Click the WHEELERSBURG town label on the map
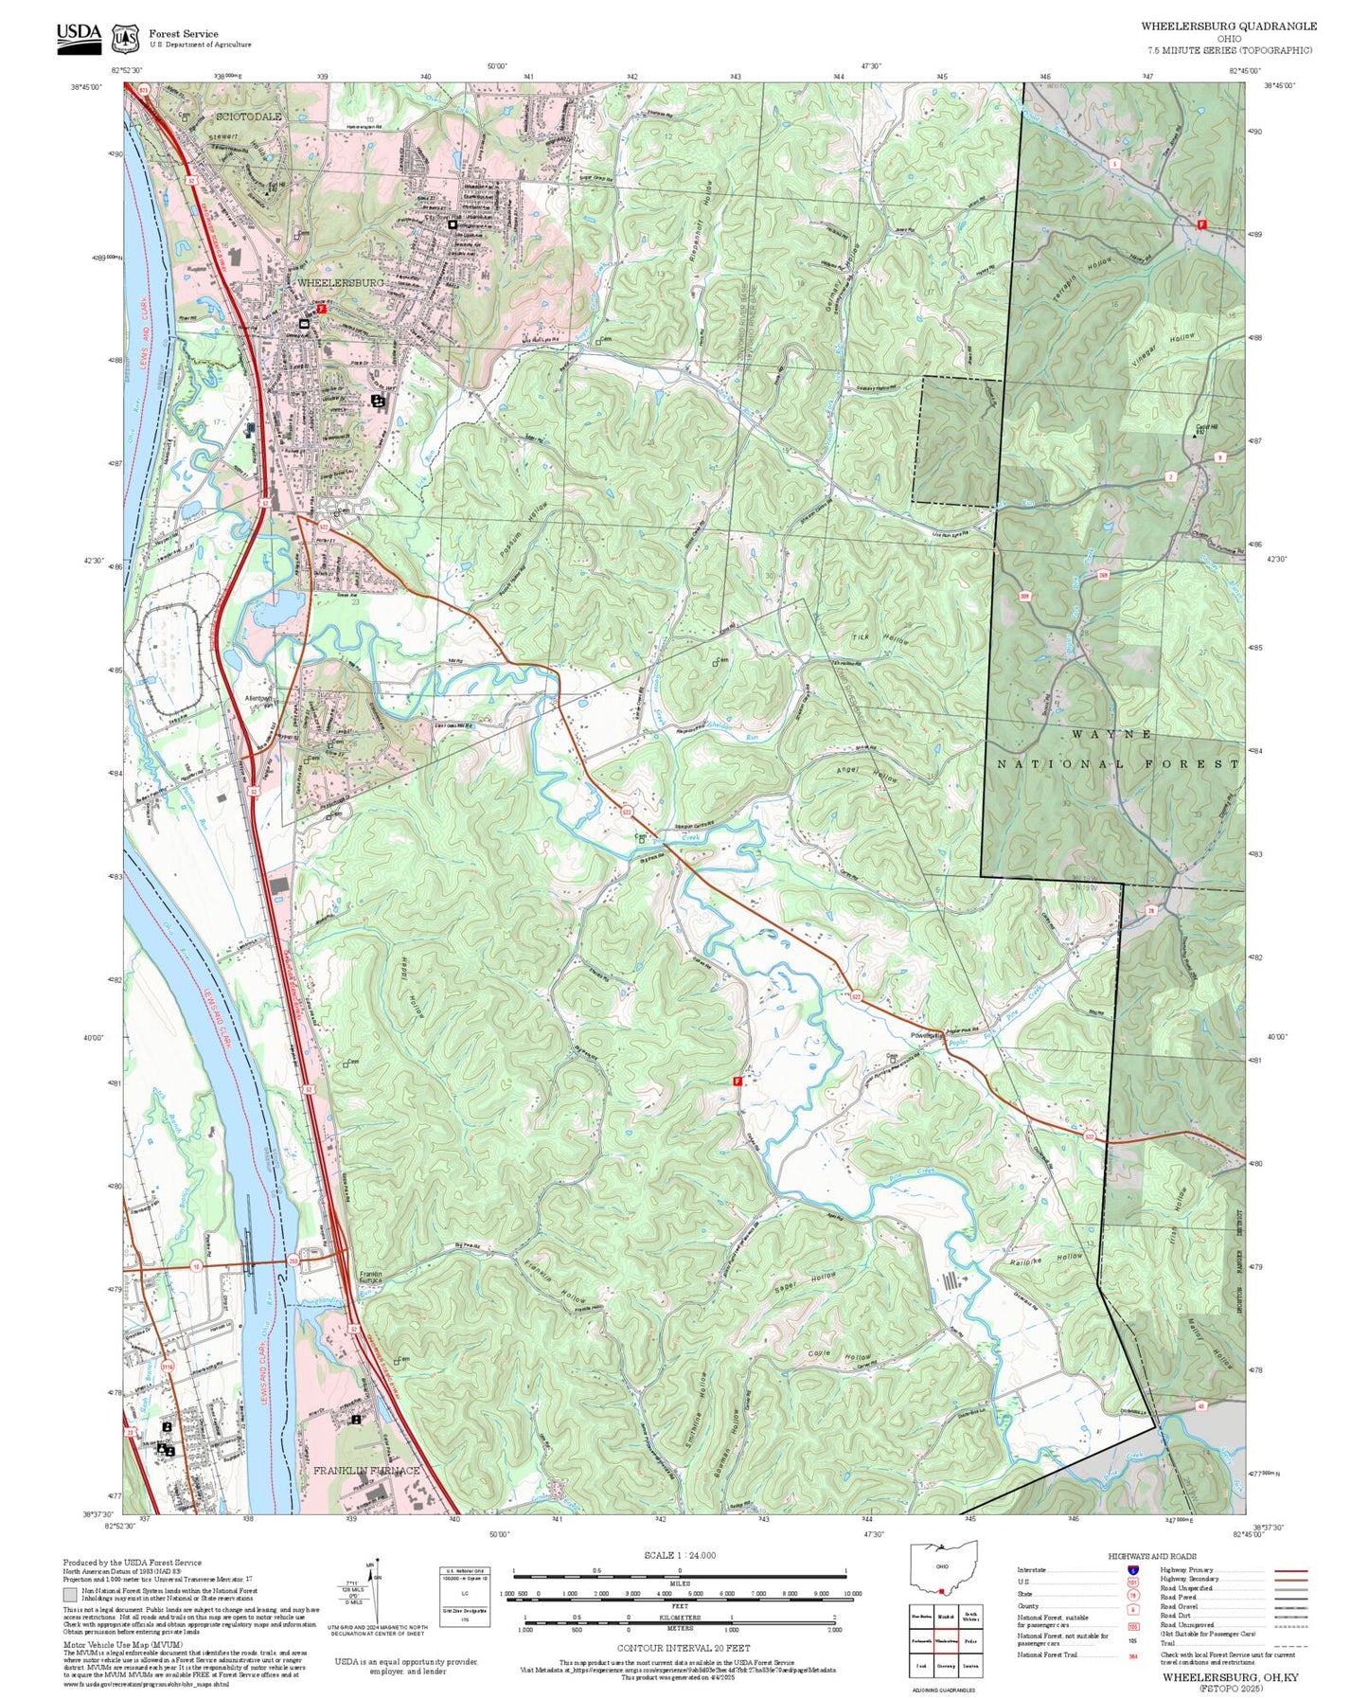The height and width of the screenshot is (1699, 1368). (340, 283)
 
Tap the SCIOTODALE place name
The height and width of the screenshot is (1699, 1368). (249, 116)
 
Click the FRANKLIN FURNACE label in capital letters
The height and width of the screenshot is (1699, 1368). (366, 1471)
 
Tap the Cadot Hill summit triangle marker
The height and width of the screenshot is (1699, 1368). (1193, 437)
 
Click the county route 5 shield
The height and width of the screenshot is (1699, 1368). (1115, 164)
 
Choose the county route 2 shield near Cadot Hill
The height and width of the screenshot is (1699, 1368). (1171, 476)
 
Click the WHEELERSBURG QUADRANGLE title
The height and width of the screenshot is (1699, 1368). (1228, 27)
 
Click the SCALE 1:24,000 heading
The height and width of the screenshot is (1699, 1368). (679, 1555)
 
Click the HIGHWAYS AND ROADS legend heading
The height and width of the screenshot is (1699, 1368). (1151, 1556)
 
